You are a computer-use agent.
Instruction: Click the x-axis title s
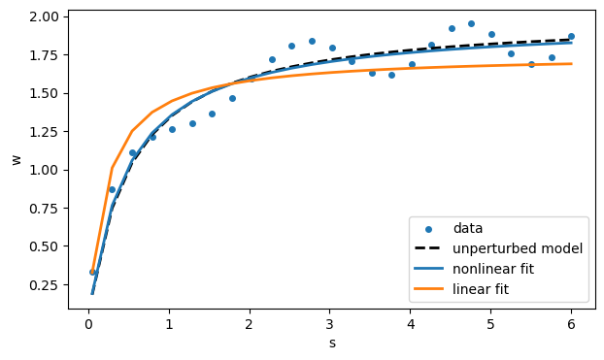tap(332, 343)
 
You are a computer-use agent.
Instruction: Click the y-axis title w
tap(16, 159)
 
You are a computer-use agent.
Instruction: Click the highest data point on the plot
tap(471, 23)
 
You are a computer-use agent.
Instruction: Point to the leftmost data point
tap(92, 272)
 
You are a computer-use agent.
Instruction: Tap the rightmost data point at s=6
tap(571, 36)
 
